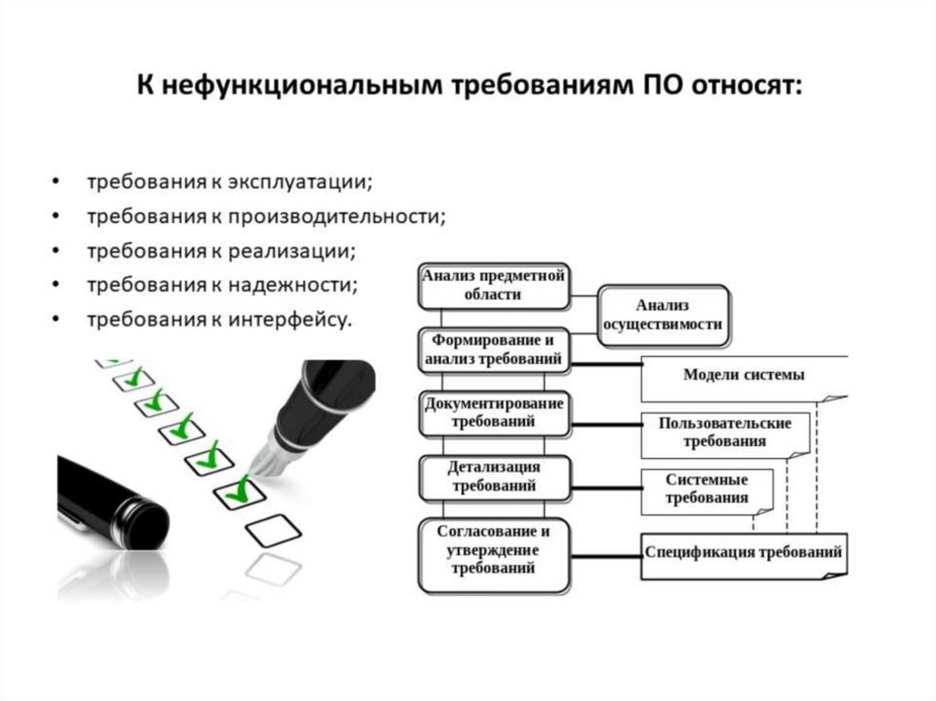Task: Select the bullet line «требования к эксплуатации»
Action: pyautogui.click(x=229, y=180)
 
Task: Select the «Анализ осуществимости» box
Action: pyautogui.click(x=663, y=314)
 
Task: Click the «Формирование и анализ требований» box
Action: pyautogui.click(x=494, y=351)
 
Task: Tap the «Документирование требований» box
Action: pyautogui.click(x=494, y=413)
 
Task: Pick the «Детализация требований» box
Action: pyautogui.click(x=494, y=476)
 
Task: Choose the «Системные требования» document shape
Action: pyautogui.click(x=707, y=490)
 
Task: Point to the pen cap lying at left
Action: pyautogui.click(x=110, y=498)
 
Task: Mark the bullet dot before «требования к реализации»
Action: pyautogui.click(x=58, y=250)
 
